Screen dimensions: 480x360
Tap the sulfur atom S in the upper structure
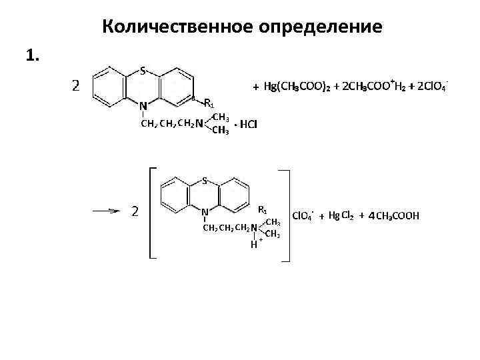pyautogui.click(x=143, y=71)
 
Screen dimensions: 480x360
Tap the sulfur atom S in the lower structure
pyautogui.click(x=204, y=181)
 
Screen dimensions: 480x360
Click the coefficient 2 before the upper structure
pyautogui.click(x=77, y=85)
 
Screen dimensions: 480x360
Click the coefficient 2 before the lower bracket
pyautogui.click(x=135, y=211)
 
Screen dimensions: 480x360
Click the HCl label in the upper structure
pyautogui.click(x=249, y=124)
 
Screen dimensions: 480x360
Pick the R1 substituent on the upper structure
pyautogui.click(x=209, y=103)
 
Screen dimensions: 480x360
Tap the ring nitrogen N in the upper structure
pyautogui.click(x=143, y=105)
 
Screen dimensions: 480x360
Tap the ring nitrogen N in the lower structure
pyautogui.click(x=204, y=213)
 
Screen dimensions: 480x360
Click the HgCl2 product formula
pyautogui.click(x=341, y=216)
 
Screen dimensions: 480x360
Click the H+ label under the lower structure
pyautogui.click(x=255, y=244)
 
